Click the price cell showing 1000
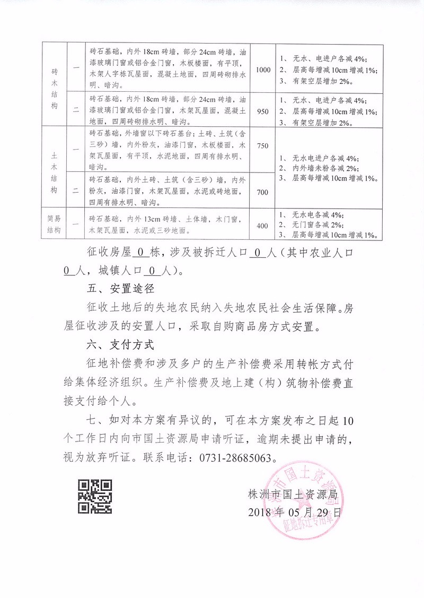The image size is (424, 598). pos(263,70)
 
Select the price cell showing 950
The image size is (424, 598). pos(263,111)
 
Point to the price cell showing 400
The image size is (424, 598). pos(262,226)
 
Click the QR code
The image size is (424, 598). pos(95,496)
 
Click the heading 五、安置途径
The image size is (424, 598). pos(120,290)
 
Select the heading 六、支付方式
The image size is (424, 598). pos(120,344)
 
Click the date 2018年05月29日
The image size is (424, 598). pos(295,513)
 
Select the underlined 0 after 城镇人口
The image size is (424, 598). pos(151,271)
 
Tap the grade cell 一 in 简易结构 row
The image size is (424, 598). pos(76,225)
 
